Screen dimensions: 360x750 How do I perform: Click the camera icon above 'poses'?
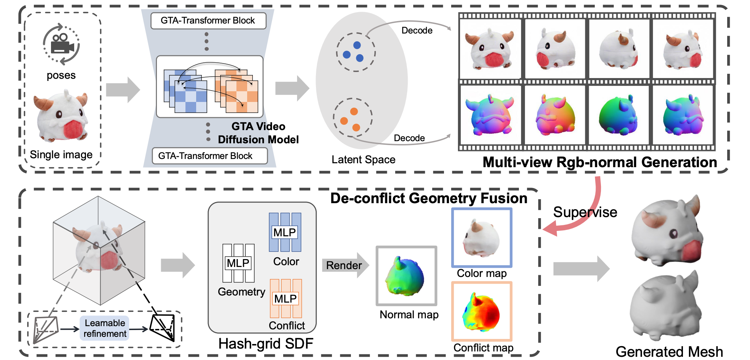coord(61,45)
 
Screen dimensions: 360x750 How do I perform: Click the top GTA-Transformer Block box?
coord(208,21)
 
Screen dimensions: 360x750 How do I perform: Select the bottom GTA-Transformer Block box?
coord(209,156)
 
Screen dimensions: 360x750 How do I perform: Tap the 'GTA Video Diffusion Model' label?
coord(258,133)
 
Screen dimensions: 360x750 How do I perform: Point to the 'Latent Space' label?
coord(363,160)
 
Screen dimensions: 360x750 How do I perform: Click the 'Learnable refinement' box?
coord(104,328)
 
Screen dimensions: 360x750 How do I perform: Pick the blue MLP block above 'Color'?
coord(285,232)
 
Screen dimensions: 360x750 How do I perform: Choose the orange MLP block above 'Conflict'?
coord(286,299)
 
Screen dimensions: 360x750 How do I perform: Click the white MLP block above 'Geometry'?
coord(238,263)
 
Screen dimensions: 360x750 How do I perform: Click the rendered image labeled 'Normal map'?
coord(406,276)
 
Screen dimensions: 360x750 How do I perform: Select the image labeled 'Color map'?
coord(481,238)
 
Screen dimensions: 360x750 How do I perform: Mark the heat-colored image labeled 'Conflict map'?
coord(481,312)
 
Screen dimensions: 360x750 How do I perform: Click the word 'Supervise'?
coord(585,212)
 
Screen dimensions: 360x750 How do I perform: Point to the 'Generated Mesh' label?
coord(669,352)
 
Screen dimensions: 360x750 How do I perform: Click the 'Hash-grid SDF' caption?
coord(266,344)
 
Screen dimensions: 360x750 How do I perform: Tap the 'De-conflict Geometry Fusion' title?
coord(429,198)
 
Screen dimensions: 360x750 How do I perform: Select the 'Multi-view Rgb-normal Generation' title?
coord(600,163)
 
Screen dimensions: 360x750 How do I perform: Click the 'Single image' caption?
coord(61,155)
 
